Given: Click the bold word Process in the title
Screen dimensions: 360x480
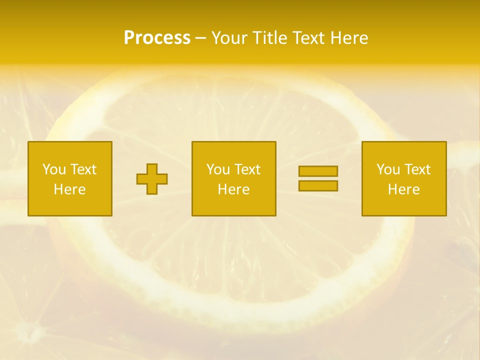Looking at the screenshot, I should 157,38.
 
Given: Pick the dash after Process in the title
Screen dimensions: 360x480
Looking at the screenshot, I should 201,38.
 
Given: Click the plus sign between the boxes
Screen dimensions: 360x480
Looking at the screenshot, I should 152,179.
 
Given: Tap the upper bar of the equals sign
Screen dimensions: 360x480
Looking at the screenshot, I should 318,171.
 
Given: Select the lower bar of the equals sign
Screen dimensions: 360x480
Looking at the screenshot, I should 318,186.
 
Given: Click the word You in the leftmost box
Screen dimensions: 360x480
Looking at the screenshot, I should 54,169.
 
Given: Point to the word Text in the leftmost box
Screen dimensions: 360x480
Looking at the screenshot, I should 82,169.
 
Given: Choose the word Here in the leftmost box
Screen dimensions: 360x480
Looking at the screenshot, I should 69,189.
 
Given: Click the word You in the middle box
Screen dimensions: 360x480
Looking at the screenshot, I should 218,169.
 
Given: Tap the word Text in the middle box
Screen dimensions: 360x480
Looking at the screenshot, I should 246,169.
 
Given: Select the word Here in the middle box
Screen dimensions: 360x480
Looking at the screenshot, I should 233,189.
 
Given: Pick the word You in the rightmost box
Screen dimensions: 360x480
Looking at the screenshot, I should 388,169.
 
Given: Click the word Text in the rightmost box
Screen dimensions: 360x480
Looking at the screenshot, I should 416,169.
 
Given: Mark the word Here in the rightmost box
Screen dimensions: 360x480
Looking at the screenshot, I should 403,189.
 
